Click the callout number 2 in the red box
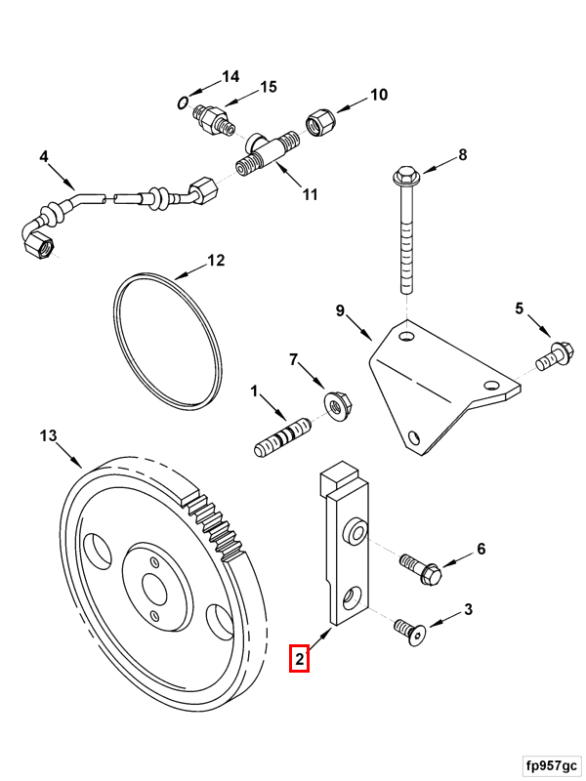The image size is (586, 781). click(299, 659)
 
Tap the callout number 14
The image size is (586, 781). click(230, 76)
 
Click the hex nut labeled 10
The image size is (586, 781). click(317, 123)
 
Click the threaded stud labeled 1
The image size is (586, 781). click(282, 435)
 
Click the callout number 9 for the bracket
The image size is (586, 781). click(341, 311)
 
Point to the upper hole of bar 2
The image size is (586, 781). click(354, 532)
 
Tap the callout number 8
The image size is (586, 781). click(463, 154)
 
